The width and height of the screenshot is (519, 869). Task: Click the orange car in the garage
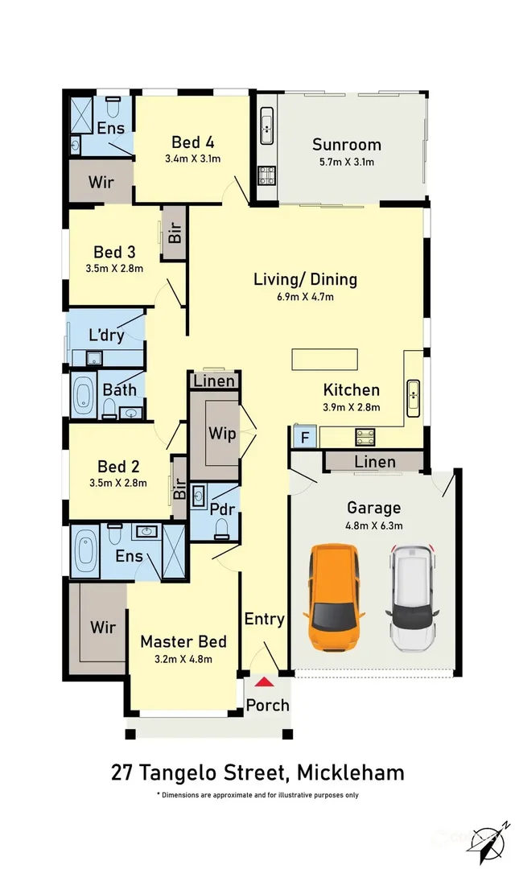334,597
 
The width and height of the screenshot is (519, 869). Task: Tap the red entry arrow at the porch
265,682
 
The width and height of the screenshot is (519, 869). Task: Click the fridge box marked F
305,437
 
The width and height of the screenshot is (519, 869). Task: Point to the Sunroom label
347,145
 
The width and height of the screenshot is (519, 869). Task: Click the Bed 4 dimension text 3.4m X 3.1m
193,159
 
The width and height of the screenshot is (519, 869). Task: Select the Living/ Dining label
305,279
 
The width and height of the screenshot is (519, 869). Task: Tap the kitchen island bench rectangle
325,359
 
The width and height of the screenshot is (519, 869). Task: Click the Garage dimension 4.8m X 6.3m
373,525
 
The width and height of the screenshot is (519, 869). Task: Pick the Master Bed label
183,642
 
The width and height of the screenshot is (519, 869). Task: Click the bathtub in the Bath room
84,396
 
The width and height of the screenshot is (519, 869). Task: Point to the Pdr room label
222,509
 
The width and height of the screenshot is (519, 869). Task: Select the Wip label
222,434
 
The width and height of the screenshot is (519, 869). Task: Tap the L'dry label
106,335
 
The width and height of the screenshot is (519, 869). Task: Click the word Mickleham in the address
351,772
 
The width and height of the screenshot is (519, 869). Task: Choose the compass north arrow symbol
488,842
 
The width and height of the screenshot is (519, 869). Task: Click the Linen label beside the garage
375,462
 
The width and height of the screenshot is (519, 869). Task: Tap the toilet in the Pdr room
221,529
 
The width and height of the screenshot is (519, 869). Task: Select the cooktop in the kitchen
366,437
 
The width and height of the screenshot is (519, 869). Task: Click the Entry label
265,619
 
